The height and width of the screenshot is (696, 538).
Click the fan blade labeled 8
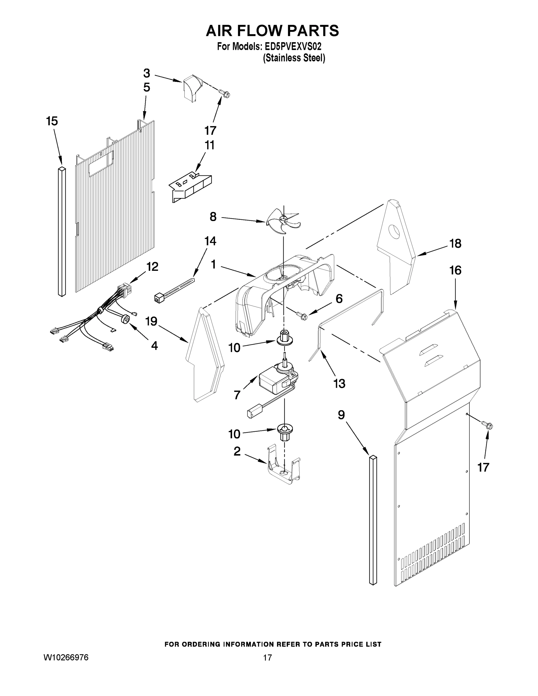(282, 220)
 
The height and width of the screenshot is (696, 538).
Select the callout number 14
(210, 241)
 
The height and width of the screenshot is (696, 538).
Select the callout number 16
(455, 270)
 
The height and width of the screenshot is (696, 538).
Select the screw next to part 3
(225, 93)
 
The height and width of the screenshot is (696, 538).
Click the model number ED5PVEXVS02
(293, 46)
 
